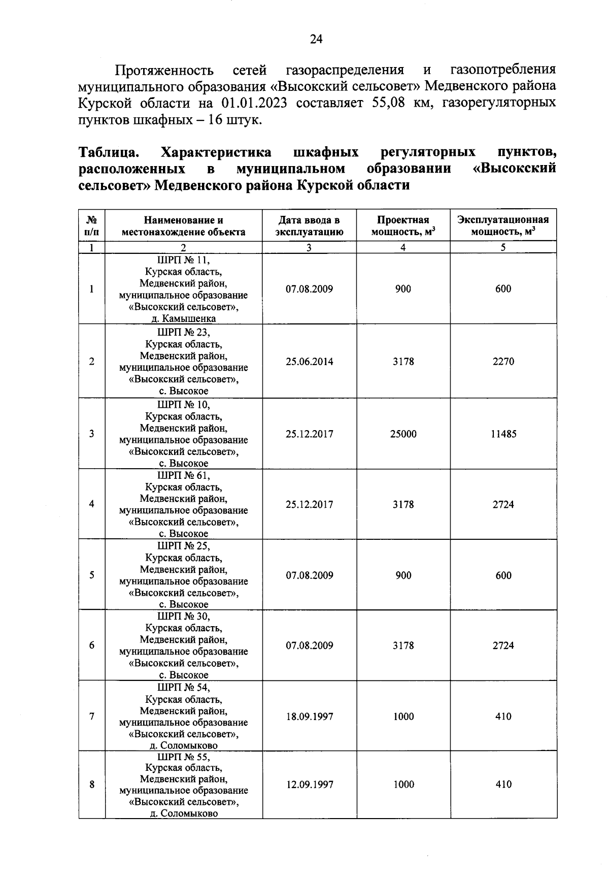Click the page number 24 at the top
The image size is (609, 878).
(x=316, y=40)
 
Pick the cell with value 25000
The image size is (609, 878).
(x=403, y=434)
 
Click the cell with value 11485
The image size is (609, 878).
(x=503, y=434)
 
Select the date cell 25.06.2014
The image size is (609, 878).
(x=309, y=362)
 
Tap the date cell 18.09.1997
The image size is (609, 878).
(x=309, y=717)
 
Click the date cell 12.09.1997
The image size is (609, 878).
(x=309, y=785)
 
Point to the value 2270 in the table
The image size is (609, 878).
(x=503, y=362)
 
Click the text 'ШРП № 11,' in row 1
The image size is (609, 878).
(x=183, y=260)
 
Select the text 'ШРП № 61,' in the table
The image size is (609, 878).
(x=183, y=476)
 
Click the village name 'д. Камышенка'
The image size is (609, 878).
(x=183, y=319)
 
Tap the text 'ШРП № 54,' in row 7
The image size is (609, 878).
(x=183, y=688)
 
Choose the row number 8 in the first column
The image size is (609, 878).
(x=92, y=785)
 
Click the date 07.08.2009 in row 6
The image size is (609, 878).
(x=309, y=645)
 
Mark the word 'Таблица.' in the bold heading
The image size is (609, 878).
(x=109, y=152)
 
